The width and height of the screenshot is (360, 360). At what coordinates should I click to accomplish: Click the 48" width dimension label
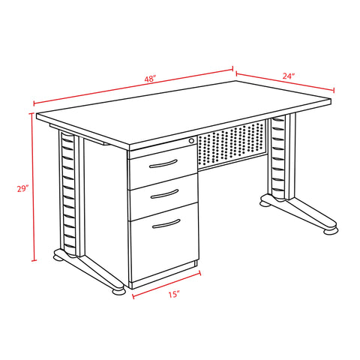click(150, 79)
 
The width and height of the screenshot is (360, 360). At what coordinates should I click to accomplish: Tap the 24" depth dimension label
click(289, 76)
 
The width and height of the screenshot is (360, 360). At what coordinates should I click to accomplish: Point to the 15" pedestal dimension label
click(174, 294)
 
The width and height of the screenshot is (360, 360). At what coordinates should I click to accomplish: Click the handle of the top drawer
click(163, 164)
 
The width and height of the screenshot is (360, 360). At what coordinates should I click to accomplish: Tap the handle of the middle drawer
click(165, 194)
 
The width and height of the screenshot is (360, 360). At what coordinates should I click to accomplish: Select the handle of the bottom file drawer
click(166, 223)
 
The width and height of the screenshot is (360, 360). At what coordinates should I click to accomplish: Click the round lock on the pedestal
click(191, 141)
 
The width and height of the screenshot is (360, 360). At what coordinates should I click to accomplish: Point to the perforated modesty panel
click(232, 145)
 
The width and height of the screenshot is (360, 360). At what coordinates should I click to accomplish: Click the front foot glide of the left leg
click(118, 292)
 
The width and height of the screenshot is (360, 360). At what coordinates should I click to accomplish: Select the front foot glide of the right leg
click(331, 231)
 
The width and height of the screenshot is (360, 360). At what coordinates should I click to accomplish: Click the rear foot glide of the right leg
click(265, 203)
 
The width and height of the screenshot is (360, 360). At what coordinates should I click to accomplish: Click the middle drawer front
click(163, 197)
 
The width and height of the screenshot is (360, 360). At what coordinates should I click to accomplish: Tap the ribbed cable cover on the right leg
click(278, 158)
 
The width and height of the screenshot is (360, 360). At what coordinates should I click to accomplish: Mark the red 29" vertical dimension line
click(34, 187)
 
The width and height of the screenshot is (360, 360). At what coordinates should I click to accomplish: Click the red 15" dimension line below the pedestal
click(166, 285)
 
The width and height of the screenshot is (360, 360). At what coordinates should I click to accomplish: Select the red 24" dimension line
click(285, 82)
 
